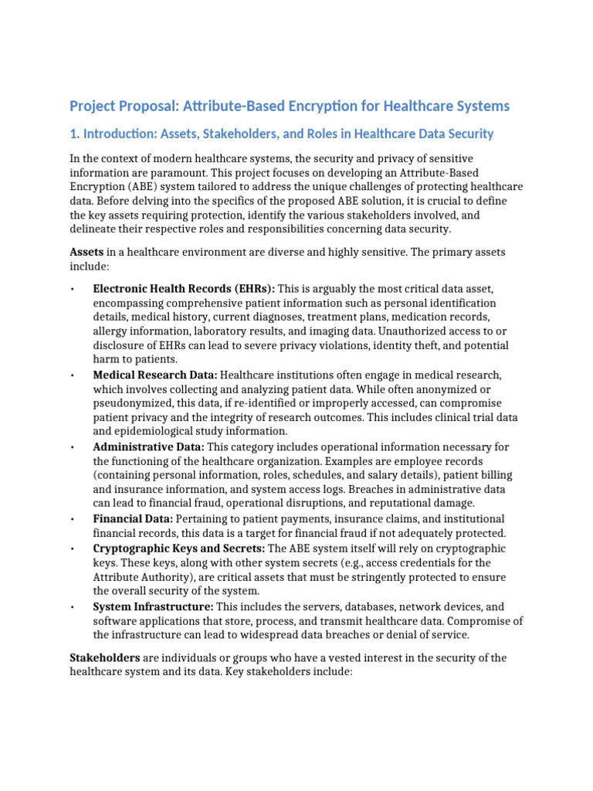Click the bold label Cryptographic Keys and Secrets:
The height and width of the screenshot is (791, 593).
tap(179, 548)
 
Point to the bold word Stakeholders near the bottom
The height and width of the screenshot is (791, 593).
tap(105, 657)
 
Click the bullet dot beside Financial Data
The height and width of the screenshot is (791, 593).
tap(72, 520)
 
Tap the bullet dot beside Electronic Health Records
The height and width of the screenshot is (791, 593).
tap(72, 289)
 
